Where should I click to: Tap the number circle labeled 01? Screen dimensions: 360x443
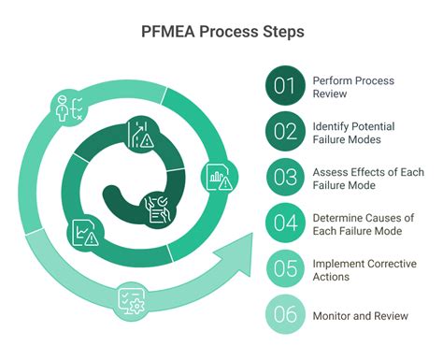click(285, 87)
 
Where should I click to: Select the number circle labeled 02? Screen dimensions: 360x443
click(285, 132)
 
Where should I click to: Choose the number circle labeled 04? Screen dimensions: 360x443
click(285, 223)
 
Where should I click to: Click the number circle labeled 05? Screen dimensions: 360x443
click(285, 269)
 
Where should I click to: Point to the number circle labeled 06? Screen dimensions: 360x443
click(285, 315)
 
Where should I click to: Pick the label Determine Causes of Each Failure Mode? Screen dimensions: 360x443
click(364, 223)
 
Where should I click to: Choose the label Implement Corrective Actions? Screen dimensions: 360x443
click(364, 269)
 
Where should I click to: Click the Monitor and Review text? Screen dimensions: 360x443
click(361, 315)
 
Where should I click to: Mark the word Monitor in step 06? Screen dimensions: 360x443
click(333, 315)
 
